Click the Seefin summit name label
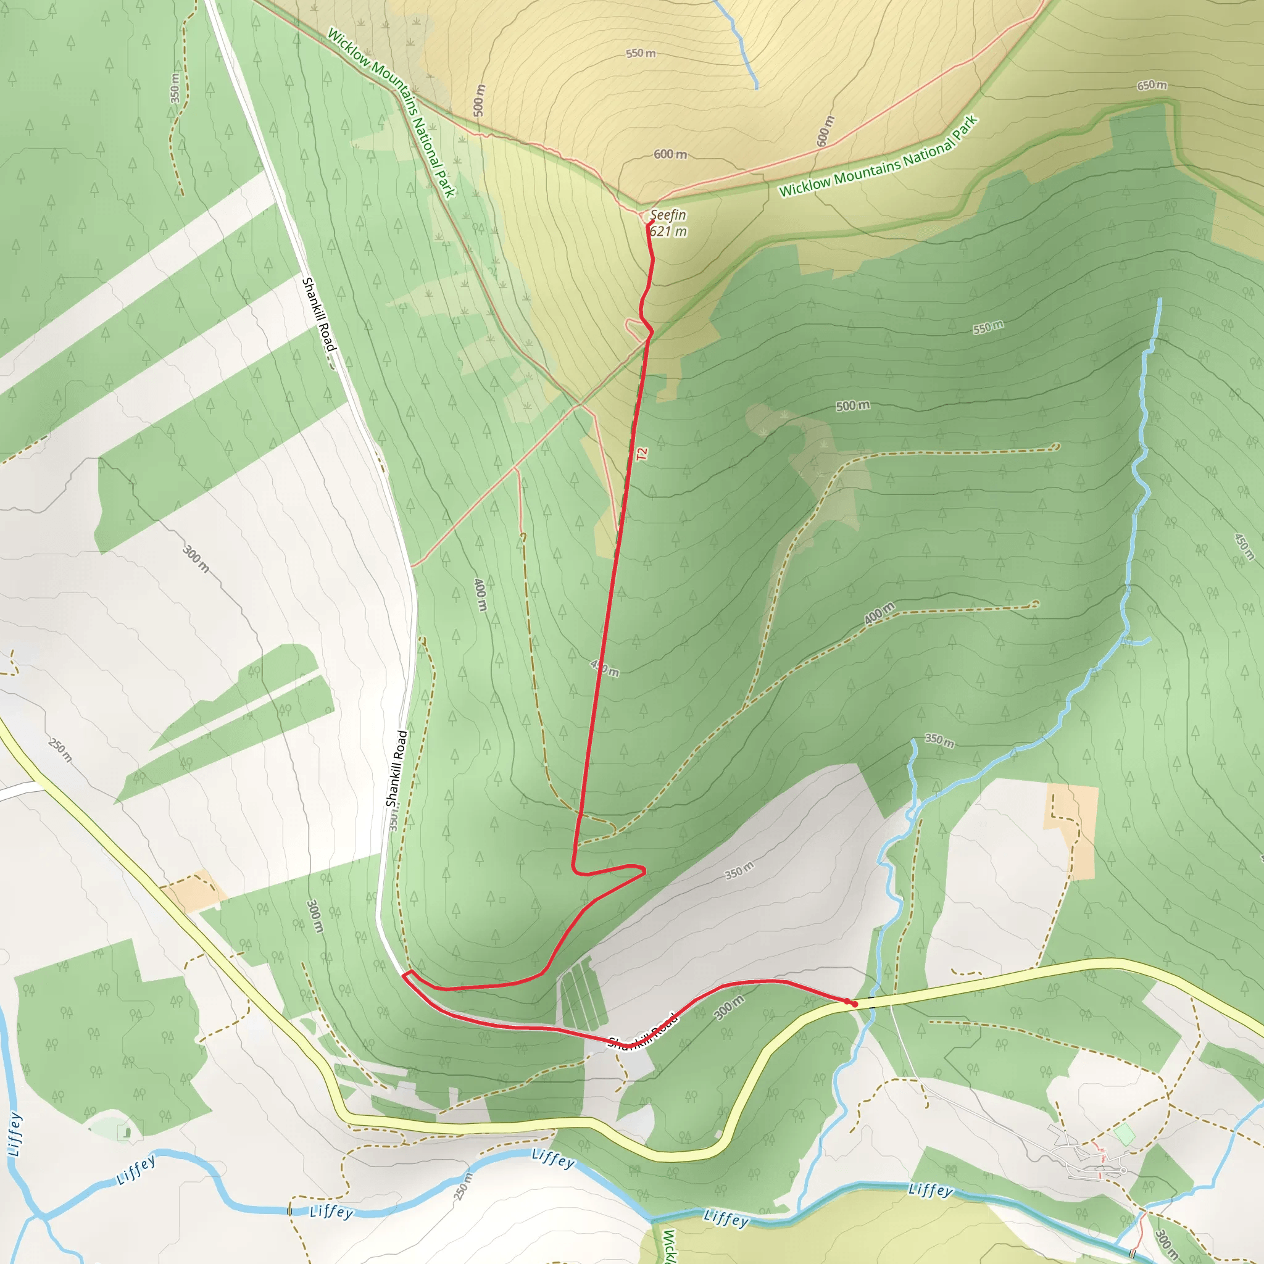[668, 215]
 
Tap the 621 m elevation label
[668, 231]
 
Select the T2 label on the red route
[641, 454]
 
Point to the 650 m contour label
[1152, 86]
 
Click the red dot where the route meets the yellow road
[854, 1003]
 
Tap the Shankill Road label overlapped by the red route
[642, 1032]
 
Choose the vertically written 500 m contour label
[480, 100]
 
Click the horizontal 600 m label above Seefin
[670, 154]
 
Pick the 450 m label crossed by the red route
[604, 668]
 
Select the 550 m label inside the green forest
[988, 327]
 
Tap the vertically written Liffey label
[15, 1134]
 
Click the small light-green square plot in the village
[1124, 1134]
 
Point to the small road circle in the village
[1123, 1170]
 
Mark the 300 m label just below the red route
[729, 1007]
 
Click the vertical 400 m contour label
[481, 594]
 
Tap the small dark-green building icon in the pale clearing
[127, 1132]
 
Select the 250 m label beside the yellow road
[61, 750]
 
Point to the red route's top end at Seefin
[650, 225]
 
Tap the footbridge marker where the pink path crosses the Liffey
[1143, 1216]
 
